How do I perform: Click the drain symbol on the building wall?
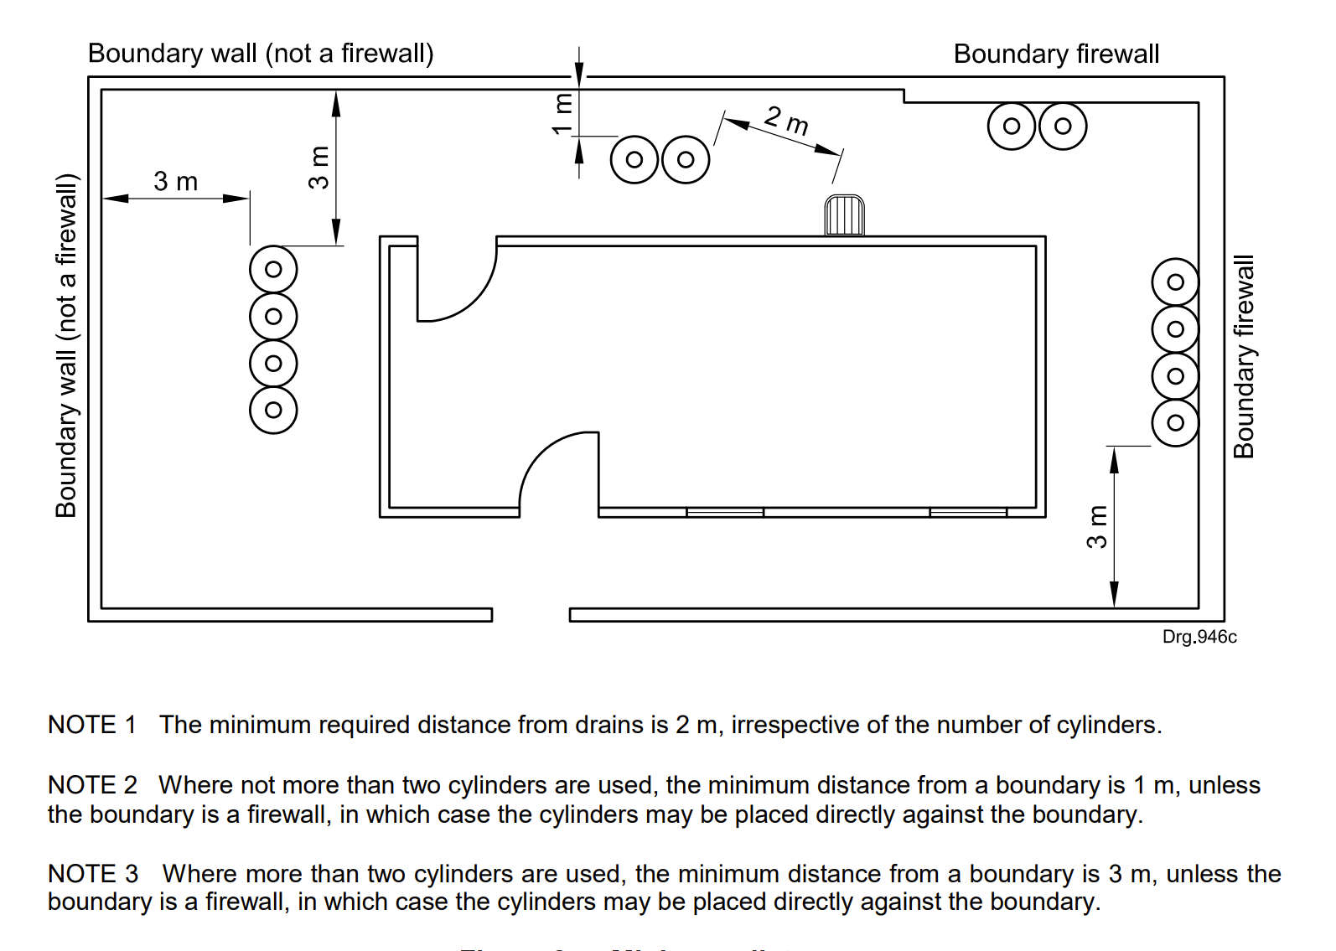coord(844,215)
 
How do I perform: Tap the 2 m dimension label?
coord(786,121)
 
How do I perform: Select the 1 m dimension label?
coord(562,114)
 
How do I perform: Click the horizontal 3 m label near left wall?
coord(175,181)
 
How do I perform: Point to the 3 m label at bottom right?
coord(1096,527)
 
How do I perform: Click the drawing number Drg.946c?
coord(1199,637)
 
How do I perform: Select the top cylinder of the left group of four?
coord(273,269)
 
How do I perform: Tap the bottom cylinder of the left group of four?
coord(273,410)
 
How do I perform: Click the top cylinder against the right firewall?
coord(1175,282)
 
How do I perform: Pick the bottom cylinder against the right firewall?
coord(1175,422)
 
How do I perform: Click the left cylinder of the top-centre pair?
coord(634,159)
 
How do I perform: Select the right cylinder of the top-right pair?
coord(1063,127)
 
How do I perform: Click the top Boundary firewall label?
coord(1056,54)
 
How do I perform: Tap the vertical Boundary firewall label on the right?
coord(1244,356)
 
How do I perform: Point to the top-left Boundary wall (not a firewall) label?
coord(261,54)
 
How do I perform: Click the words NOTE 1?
coord(91,725)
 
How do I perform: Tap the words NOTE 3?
coord(92,874)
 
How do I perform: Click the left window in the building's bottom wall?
coord(725,512)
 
